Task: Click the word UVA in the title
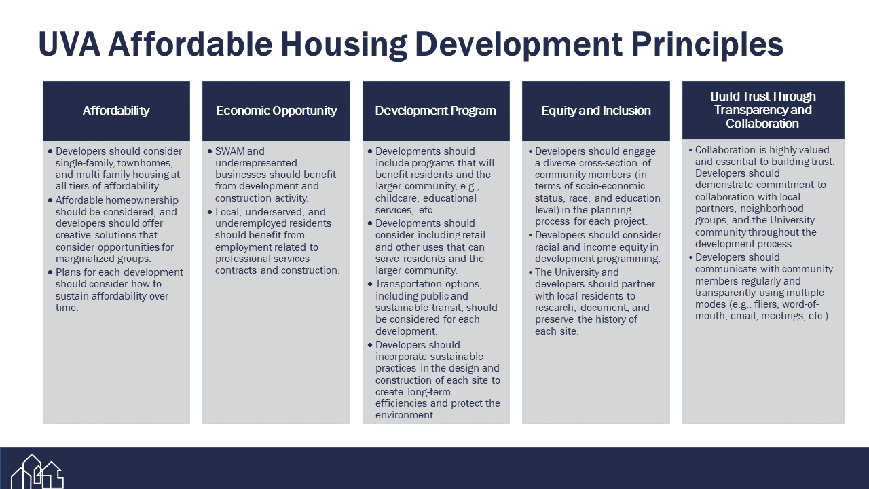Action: coord(69,44)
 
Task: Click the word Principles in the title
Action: coord(707,45)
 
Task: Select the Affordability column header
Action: coord(116,111)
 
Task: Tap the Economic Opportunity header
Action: coord(276,111)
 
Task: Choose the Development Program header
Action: coord(435,111)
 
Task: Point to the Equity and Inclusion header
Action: coord(596,111)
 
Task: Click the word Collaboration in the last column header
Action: coord(762,124)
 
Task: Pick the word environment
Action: coord(405,415)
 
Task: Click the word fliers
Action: coord(765,304)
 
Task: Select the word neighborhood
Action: coord(771,209)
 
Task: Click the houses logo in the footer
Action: coord(37,471)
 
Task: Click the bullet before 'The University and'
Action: coord(530,272)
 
